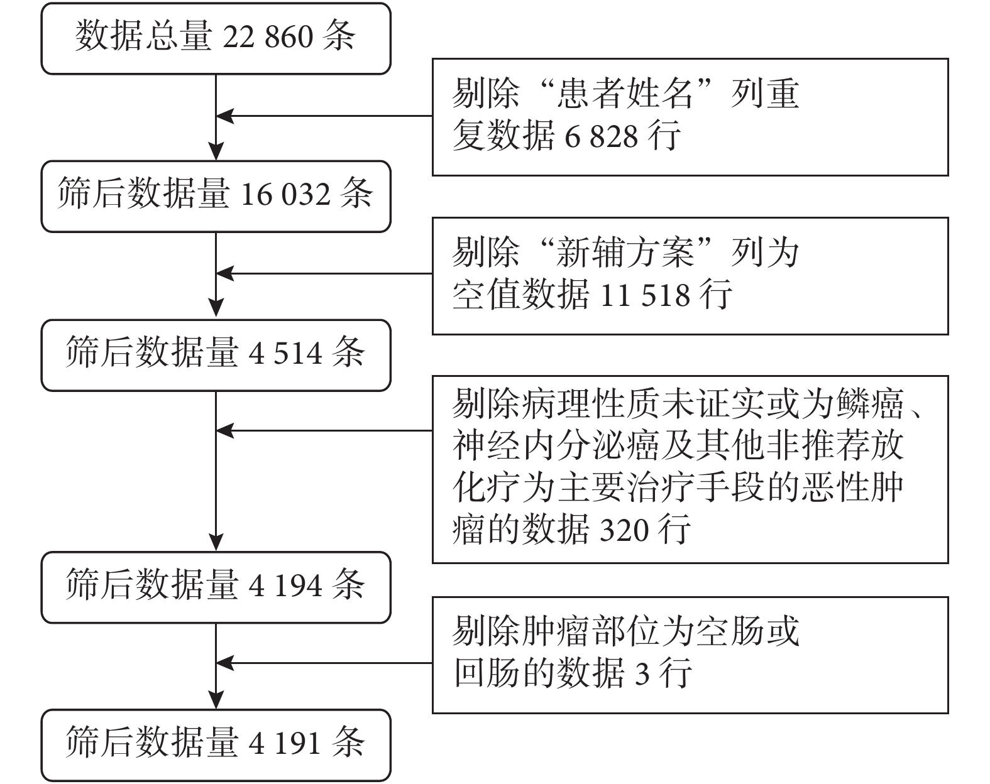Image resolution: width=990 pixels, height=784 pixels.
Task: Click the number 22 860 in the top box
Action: point(268,37)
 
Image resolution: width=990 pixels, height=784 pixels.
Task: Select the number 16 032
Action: point(285,195)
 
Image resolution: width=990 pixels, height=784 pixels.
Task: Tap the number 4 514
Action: point(285,354)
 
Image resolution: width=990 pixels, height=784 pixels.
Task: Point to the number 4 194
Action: point(285,586)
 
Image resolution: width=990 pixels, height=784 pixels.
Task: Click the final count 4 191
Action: point(285,744)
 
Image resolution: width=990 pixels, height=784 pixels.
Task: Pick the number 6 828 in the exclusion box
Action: point(602,136)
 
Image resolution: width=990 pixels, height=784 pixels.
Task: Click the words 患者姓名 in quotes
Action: point(625,94)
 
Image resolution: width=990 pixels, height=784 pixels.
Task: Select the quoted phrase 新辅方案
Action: point(625,253)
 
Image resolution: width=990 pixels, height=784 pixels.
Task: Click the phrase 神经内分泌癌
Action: point(557,446)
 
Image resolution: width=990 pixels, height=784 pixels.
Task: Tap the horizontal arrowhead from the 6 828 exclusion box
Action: point(224,116)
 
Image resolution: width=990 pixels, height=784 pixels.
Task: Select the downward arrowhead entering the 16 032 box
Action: point(216,151)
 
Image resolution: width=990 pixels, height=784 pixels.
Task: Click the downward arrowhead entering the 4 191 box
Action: point(216,700)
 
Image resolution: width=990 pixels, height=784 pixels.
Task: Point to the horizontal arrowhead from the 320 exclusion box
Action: point(224,431)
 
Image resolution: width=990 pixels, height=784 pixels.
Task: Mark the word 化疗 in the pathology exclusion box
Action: point(488,488)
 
